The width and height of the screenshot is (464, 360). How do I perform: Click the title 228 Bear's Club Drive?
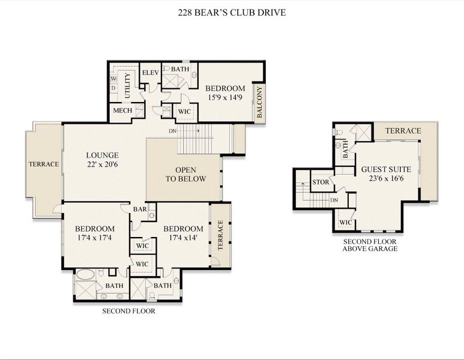coord(232,11)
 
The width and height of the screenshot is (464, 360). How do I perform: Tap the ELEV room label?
coord(149,73)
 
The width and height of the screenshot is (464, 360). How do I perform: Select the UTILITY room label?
coord(127,86)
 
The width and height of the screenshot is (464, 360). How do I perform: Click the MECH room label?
coord(122,110)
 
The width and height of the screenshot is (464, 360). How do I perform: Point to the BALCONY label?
coord(259,103)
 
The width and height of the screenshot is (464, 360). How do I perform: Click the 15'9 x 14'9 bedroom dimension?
coord(226,97)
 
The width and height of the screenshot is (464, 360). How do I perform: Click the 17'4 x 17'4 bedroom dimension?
coord(94,238)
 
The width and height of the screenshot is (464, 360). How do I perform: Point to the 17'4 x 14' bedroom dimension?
coord(183,238)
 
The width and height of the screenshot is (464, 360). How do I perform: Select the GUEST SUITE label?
coord(382,170)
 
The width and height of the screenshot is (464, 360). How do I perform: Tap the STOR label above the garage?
coord(320,182)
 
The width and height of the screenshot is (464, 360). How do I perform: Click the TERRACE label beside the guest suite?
coord(403,130)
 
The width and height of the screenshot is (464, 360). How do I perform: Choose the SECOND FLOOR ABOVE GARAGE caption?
coord(370,245)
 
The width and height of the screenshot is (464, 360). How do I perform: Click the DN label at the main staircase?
coord(172,130)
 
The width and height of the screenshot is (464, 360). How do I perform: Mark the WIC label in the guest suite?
coord(345,222)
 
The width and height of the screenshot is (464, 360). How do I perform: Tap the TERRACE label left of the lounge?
coord(44,164)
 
